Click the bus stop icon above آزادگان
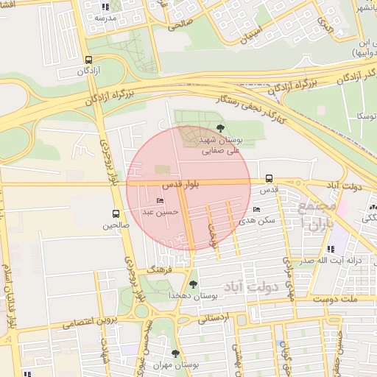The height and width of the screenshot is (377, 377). coord(89,60)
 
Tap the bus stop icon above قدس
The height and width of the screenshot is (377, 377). coord(269,178)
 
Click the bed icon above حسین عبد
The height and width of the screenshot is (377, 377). coord(161,201)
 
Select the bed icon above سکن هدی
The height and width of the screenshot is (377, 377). coord(256,210)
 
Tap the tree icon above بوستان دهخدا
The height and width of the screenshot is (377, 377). coord(194,284)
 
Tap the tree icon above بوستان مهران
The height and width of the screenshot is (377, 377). coord(175,354)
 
